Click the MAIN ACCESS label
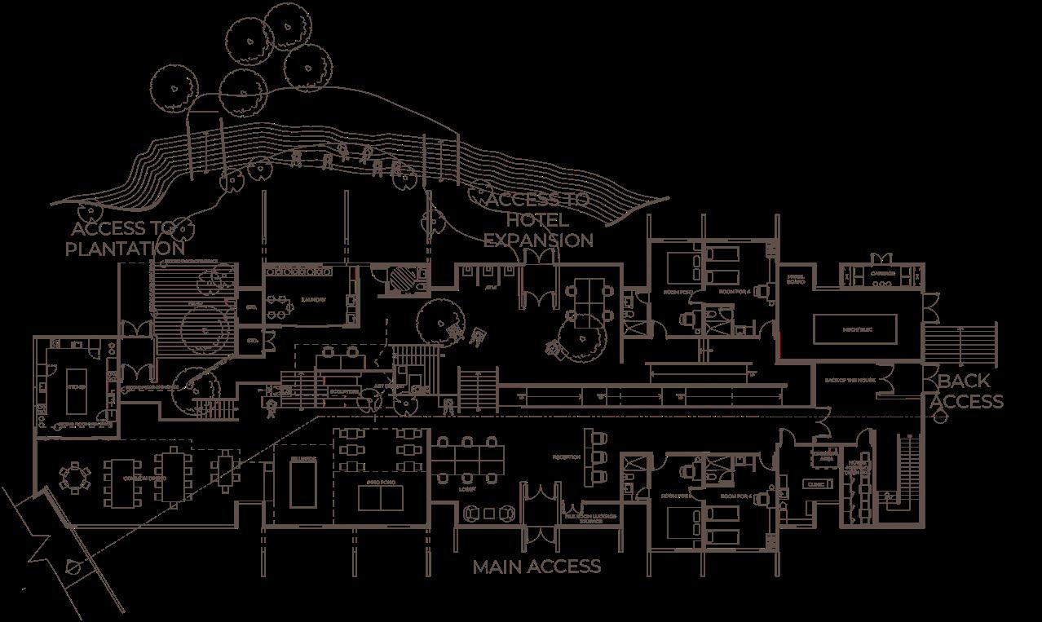coord(536,567)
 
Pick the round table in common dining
coord(74,476)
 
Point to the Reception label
coord(566,457)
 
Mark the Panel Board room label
coord(796,280)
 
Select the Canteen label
coord(882,274)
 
